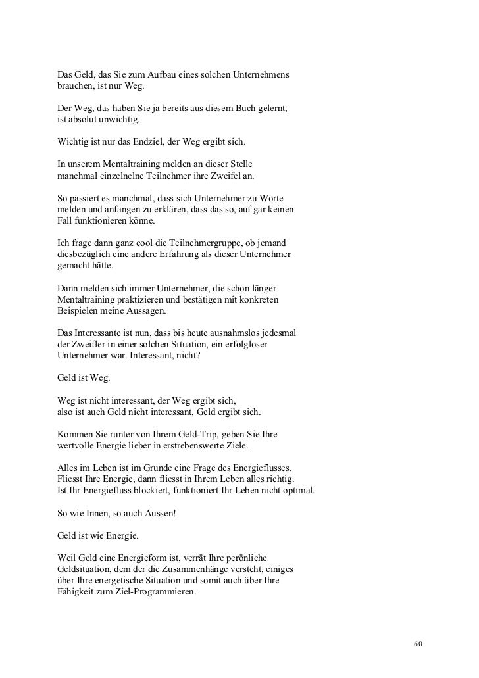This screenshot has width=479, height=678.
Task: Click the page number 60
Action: [418, 642]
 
